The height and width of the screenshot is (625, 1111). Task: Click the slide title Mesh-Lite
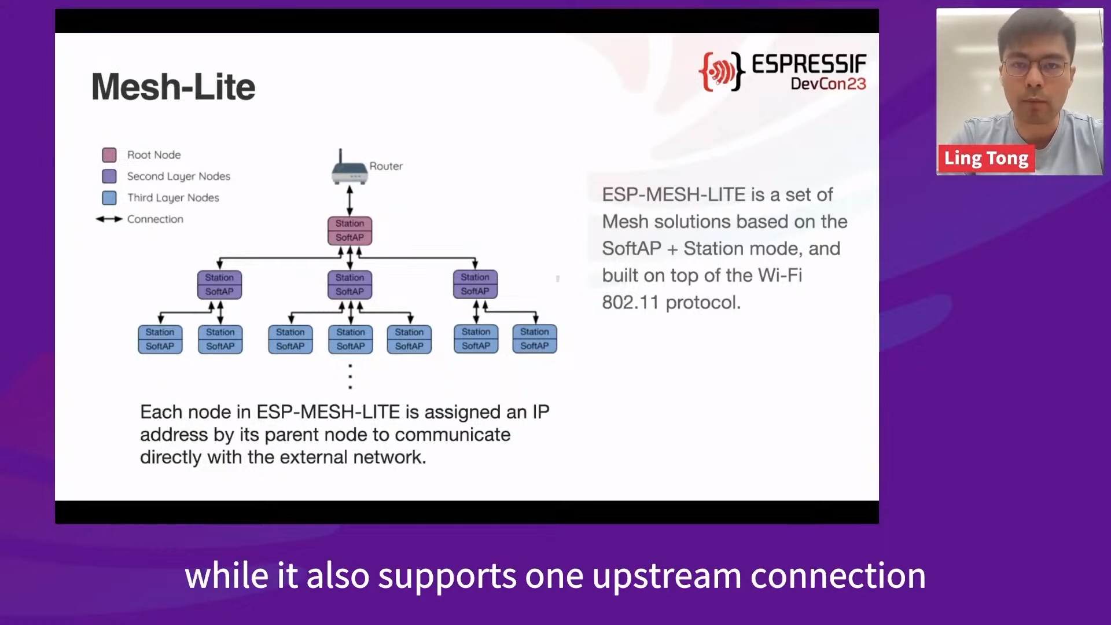(173, 87)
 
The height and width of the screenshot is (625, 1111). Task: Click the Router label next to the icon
(386, 166)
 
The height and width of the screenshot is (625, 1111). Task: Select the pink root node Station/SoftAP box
(350, 230)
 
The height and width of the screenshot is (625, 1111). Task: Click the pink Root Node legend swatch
(109, 155)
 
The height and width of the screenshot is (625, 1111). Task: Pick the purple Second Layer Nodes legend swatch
(109, 176)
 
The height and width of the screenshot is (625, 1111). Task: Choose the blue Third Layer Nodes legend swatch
(109, 197)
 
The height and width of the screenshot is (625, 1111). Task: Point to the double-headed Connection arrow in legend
(109, 219)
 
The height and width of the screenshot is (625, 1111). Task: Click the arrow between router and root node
(350, 201)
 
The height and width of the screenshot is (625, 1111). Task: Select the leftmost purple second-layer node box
(219, 285)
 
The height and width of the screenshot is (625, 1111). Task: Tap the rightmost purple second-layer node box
(475, 284)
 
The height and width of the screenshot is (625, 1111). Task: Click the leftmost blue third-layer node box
(160, 339)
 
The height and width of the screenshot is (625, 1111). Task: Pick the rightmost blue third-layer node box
(535, 339)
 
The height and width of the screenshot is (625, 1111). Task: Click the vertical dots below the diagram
(350, 376)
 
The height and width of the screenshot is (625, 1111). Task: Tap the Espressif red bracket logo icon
(721, 71)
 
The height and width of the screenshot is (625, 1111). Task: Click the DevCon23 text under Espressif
(828, 84)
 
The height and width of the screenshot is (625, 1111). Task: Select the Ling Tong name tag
(986, 158)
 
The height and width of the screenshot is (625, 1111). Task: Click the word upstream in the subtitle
(667, 576)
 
